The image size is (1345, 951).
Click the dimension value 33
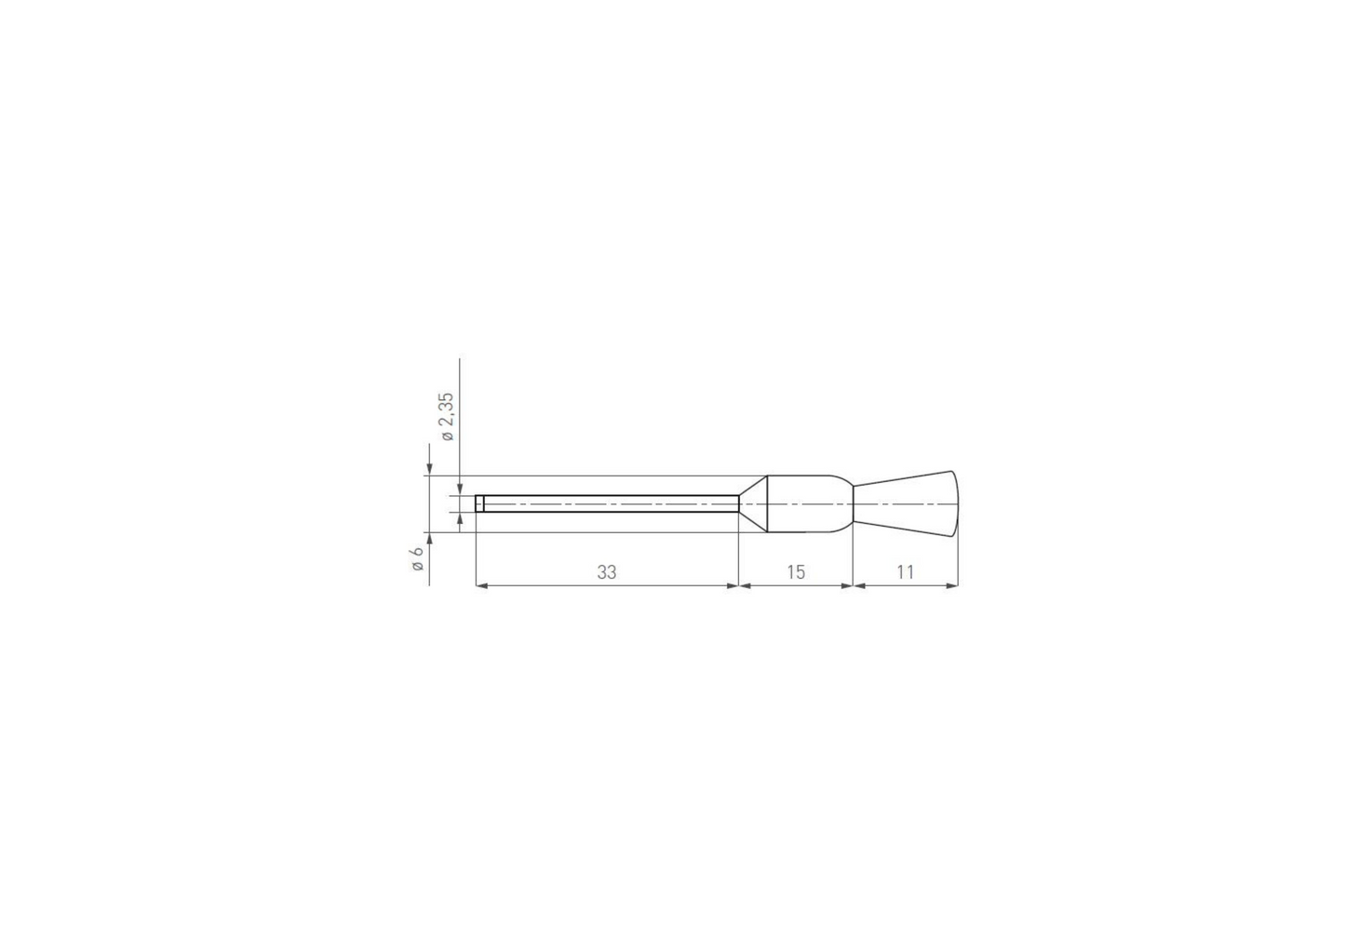click(606, 572)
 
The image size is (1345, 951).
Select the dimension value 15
click(795, 572)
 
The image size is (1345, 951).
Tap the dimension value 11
click(905, 572)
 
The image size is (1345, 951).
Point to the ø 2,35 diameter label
click(447, 416)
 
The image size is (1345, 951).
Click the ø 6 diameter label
click(417, 558)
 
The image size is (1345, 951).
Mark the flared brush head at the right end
click(908, 504)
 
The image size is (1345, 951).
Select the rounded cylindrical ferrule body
click(808, 504)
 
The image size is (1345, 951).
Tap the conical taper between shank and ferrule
click(753, 503)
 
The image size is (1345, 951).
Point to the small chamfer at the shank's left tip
click(479, 503)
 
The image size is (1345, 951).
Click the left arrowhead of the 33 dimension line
click(481, 585)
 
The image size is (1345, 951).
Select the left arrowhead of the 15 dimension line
click(745, 585)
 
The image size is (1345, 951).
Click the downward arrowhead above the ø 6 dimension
click(429, 469)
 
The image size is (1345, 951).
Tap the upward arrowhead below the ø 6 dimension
click(429, 539)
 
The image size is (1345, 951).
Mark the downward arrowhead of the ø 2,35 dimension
click(460, 489)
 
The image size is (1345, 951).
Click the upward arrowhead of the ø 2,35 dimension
click(460, 519)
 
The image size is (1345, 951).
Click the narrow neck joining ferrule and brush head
click(854, 504)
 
